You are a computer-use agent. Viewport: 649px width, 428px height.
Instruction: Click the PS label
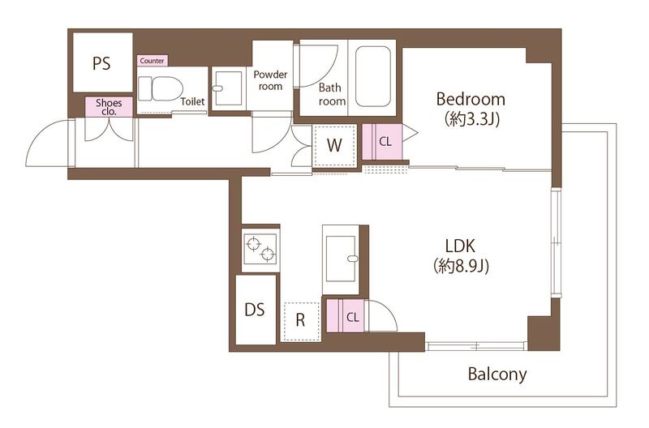point(101,64)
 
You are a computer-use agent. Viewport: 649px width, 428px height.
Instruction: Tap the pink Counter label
point(153,61)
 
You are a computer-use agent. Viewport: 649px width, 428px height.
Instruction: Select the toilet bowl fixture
point(161,88)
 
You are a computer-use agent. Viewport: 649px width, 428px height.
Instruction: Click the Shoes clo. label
point(110,107)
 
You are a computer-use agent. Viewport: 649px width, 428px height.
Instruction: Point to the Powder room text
point(270,80)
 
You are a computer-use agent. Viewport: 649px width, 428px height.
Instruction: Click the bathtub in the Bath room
point(373,76)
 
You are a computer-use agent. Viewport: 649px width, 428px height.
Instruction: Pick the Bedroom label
point(471,99)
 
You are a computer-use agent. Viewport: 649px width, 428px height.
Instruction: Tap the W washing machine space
point(334,146)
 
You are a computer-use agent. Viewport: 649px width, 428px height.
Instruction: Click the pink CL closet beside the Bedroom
point(382,142)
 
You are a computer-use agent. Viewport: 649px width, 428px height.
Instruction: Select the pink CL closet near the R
point(346,316)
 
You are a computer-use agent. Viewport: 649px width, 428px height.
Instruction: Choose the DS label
point(255,310)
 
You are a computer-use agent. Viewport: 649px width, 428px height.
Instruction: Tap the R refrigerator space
point(300,321)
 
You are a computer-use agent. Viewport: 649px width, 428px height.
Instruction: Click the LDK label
point(460,246)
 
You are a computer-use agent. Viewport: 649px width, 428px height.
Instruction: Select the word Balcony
point(497,374)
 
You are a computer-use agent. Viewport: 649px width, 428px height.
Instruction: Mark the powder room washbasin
point(227,88)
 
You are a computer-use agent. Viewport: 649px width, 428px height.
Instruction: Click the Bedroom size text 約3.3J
point(472,119)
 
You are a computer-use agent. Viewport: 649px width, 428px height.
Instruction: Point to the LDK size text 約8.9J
point(461,266)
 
